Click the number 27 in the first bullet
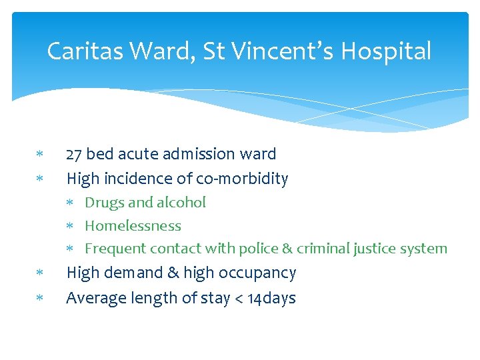(x=74, y=154)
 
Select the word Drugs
(x=103, y=203)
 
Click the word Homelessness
(x=133, y=226)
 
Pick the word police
(x=257, y=249)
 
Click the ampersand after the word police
(x=287, y=249)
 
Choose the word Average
(x=93, y=298)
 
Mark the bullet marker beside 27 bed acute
(x=39, y=155)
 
